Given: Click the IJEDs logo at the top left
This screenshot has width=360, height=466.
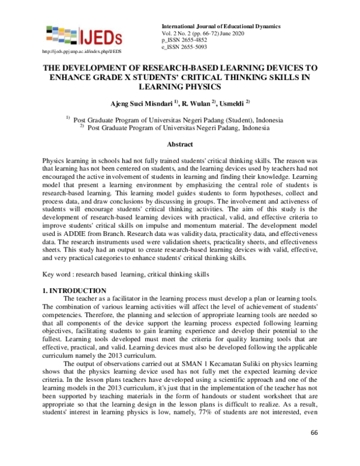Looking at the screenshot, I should pos(83,35).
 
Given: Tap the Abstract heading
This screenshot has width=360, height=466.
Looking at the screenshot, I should pos(179,144).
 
